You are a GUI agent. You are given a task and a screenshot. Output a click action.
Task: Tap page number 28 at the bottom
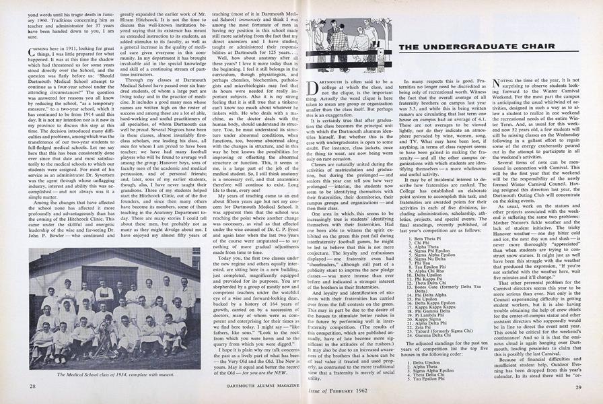click(x=32, y=386)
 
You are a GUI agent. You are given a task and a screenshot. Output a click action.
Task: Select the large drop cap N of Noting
click(x=499, y=86)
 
